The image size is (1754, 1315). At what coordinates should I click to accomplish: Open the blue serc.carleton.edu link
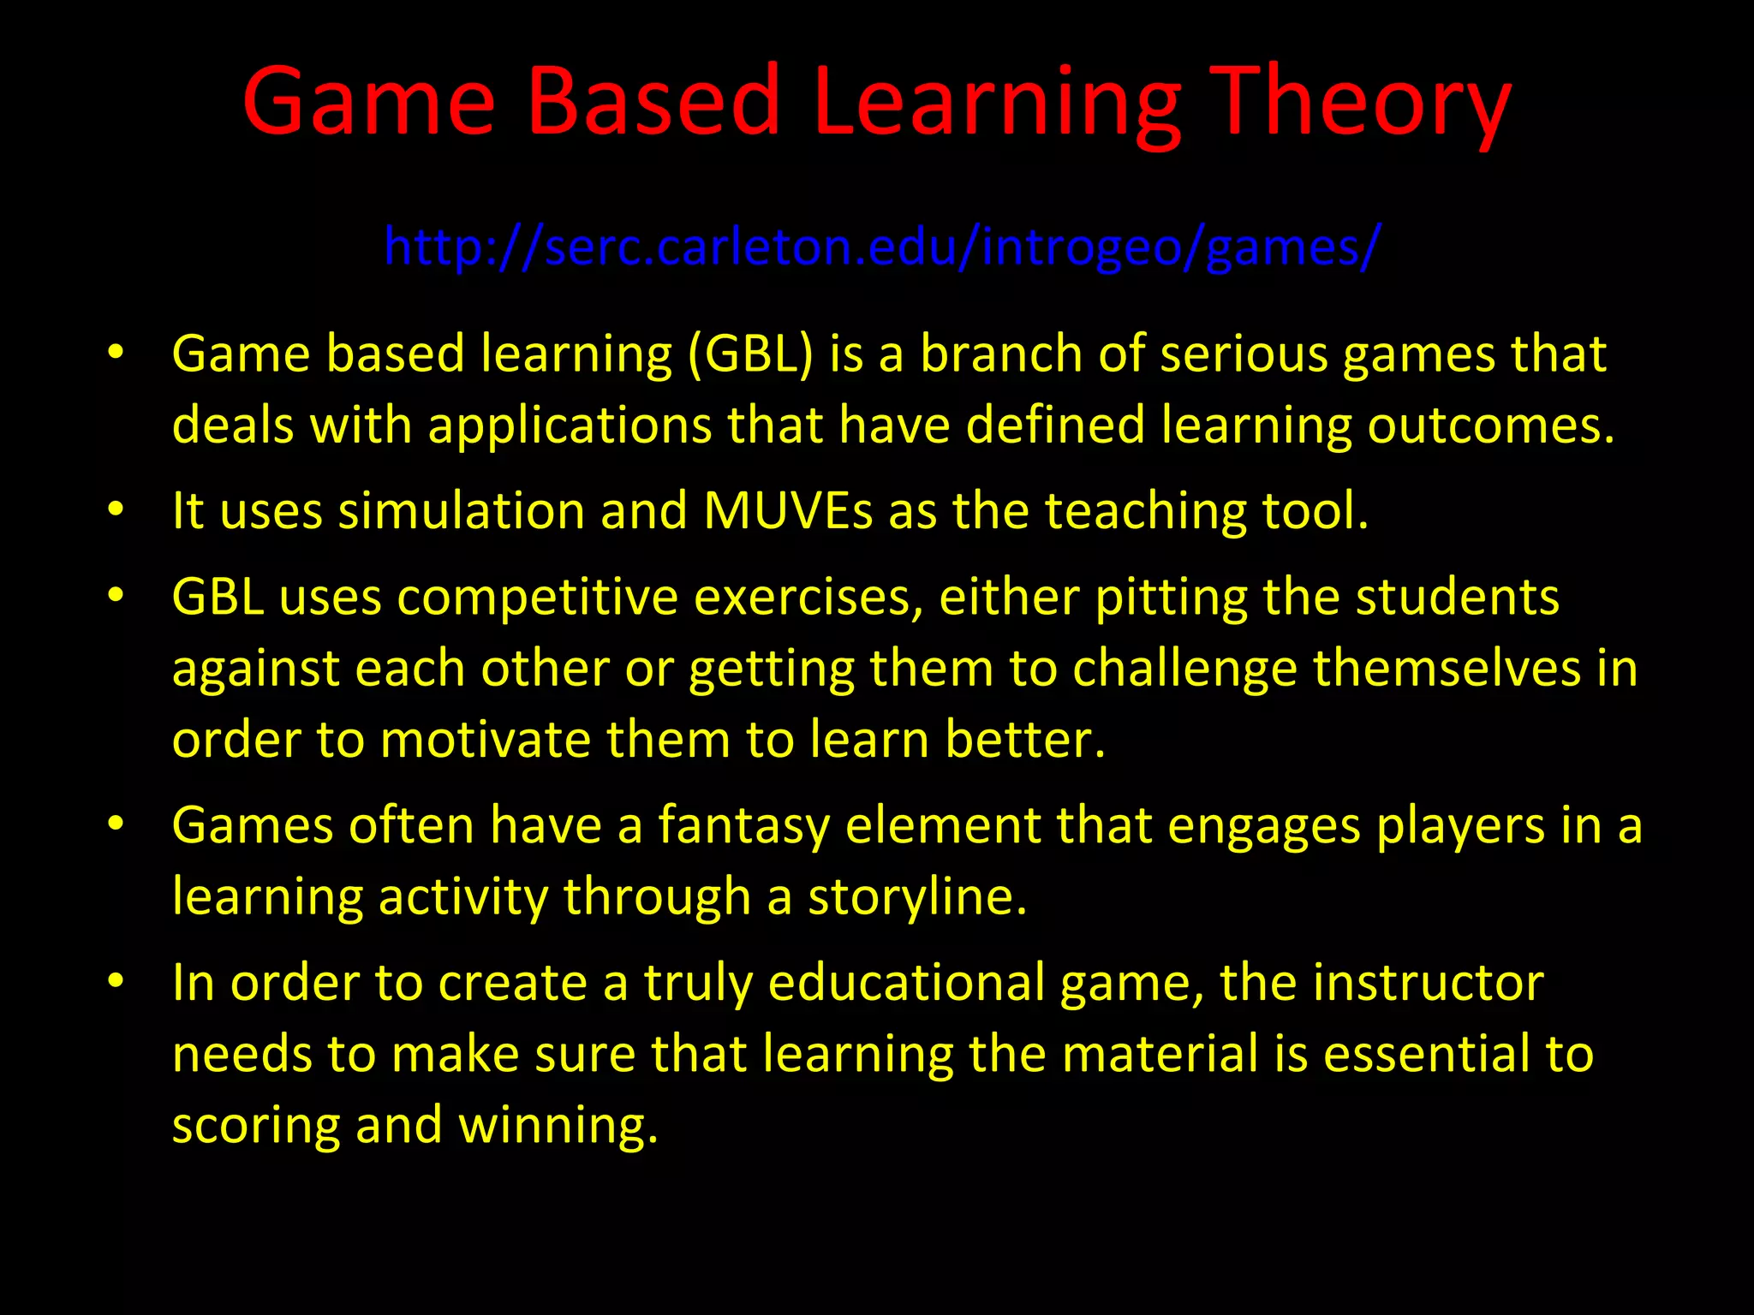[882, 247]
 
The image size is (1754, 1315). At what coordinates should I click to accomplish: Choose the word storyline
[916, 897]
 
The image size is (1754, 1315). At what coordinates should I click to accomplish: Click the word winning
[558, 1125]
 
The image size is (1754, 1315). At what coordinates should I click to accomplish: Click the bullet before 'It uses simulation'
[116, 510]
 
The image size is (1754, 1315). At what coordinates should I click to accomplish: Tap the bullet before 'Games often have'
[116, 824]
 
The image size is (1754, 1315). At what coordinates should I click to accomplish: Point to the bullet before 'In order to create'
[116, 981]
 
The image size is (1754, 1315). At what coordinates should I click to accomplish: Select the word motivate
[485, 740]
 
